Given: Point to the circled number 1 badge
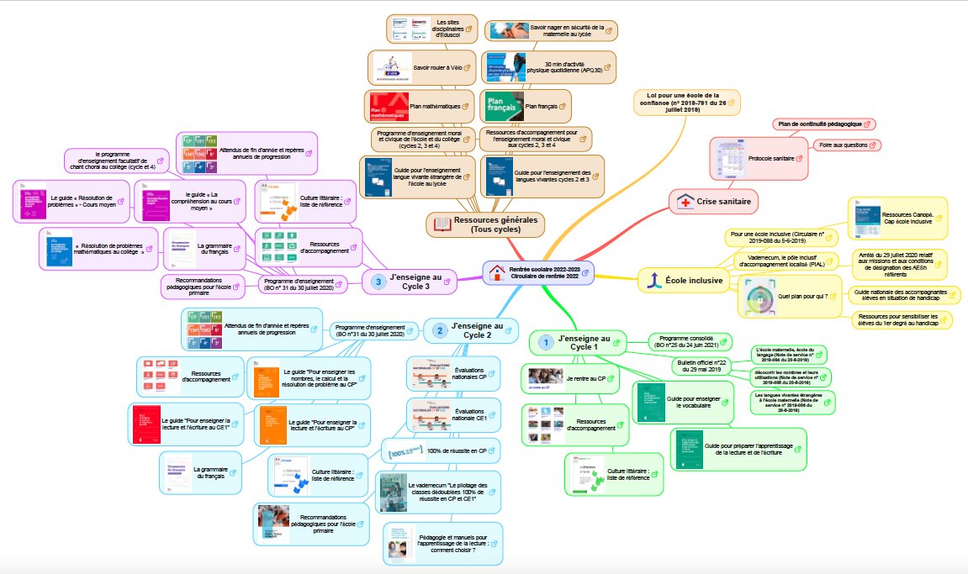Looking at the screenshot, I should click(x=545, y=343).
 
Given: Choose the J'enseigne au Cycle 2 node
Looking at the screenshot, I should click(x=477, y=330).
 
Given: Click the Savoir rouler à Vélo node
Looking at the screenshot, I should click(x=432, y=66).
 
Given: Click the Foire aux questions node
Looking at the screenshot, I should click(x=844, y=145).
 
